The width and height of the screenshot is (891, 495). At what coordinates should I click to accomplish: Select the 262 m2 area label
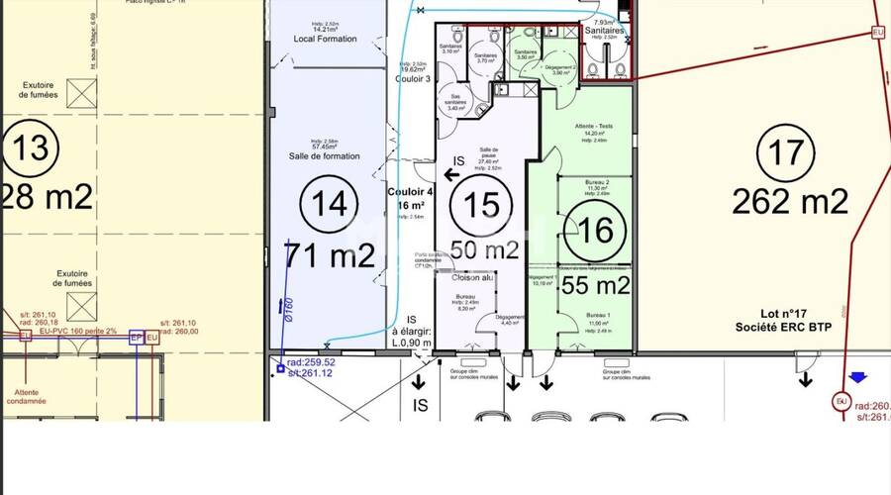point(790,202)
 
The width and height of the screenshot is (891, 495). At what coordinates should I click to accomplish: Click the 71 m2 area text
point(331,255)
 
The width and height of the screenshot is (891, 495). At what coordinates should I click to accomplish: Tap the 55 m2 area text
point(595,286)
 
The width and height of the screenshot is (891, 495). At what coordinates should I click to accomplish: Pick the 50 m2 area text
point(484,250)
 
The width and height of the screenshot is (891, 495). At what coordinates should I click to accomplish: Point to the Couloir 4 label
point(410,191)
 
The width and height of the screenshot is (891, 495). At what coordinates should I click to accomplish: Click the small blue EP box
point(137,338)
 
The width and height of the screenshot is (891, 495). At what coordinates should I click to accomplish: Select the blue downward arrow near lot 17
point(857,377)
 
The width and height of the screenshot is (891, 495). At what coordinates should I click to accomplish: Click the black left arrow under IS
point(450,175)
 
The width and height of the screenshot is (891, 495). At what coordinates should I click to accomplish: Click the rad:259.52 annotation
point(312,362)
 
